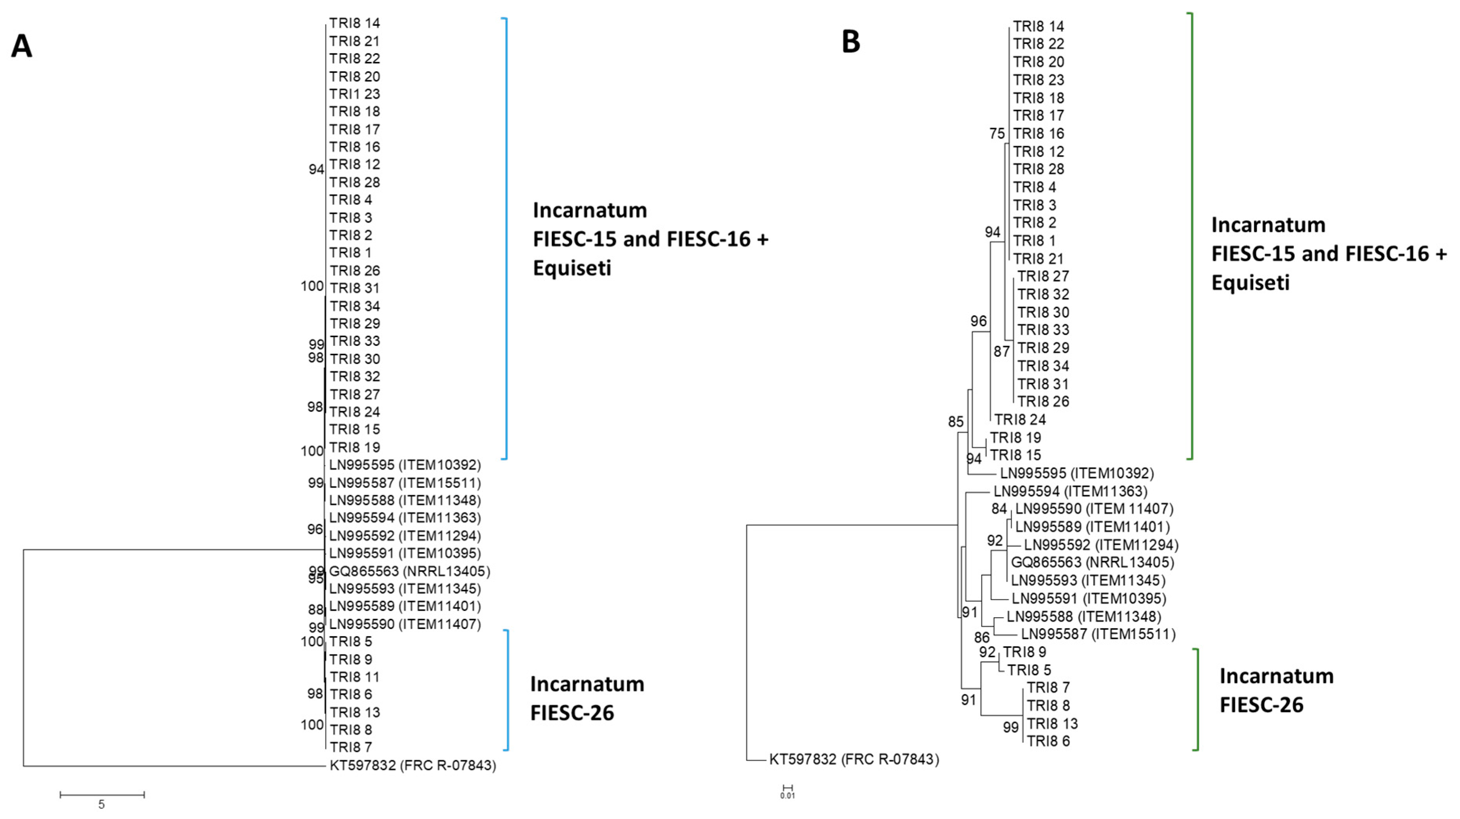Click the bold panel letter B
[x=851, y=42]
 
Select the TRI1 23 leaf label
[x=354, y=94]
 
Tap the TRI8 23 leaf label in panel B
[x=1038, y=80]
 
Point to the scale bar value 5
[x=101, y=804]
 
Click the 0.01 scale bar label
[x=787, y=796]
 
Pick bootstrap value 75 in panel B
[x=997, y=134]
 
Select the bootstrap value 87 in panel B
[x=1002, y=352]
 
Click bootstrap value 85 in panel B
[x=955, y=422]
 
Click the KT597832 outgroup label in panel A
[x=412, y=766]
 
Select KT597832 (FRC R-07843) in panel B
[x=854, y=759]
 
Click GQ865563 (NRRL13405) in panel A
[x=409, y=571]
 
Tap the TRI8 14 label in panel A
[x=354, y=23]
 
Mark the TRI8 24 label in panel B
[x=1020, y=420]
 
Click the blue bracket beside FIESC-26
[x=507, y=691]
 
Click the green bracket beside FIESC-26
[x=1197, y=700]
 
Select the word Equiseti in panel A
[x=572, y=268]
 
